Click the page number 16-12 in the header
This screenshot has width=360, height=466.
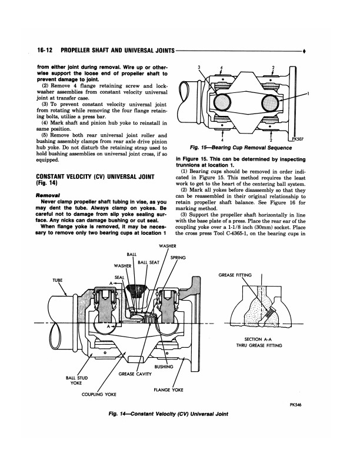(x=45, y=50)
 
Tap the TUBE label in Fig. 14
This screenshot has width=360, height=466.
(x=58, y=280)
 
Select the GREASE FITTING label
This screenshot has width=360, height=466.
(x=235, y=275)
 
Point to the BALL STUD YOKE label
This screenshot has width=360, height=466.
(x=76, y=381)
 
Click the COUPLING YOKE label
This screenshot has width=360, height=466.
(x=99, y=394)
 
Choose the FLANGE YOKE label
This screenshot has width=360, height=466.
(x=168, y=390)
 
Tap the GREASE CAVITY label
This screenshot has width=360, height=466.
(x=135, y=374)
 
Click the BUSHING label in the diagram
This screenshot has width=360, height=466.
(x=164, y=367)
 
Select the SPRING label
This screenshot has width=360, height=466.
(x=178, y=258)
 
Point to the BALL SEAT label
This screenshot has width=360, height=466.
(x=148, y=262)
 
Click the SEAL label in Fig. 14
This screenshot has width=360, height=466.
(x=119, y=277)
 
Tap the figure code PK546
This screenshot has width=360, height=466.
(x=295, y=404)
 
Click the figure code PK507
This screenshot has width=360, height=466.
(x=297, y=138)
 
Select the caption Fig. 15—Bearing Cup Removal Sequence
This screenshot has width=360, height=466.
(x=241, y=148)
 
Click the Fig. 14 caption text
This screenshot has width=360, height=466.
(x=168, y=414)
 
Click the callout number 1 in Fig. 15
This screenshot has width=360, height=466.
(x=308, y=94)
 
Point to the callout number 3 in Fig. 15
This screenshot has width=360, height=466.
(x=199, y=67)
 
